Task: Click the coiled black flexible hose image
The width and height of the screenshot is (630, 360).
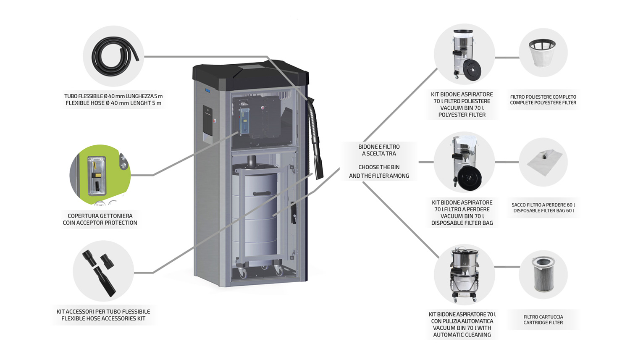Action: point(114,56)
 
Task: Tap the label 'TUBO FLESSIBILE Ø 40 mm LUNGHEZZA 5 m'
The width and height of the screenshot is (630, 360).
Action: point(113,96)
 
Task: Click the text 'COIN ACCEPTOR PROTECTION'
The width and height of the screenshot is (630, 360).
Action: point(100,223)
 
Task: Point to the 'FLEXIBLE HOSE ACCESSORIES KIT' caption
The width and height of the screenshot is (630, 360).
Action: point(103,318)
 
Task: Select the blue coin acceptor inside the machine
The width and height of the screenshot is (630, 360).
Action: point(244,119)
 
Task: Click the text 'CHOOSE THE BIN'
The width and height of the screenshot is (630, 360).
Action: point(379,167)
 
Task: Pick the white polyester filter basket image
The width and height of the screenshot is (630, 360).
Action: point(543,52)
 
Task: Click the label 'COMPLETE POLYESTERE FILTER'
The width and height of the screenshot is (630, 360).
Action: point(543,102)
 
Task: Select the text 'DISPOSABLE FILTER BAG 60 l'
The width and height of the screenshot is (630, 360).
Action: point(543,210)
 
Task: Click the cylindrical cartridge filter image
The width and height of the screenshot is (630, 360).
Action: point(543,274)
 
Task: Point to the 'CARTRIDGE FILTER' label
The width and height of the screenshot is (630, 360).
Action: point(543,323)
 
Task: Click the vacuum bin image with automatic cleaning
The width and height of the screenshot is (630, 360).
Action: point(464,274)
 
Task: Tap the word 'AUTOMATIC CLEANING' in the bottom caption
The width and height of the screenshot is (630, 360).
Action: point(462,335)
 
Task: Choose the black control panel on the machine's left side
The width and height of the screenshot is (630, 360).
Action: point(207,119)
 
